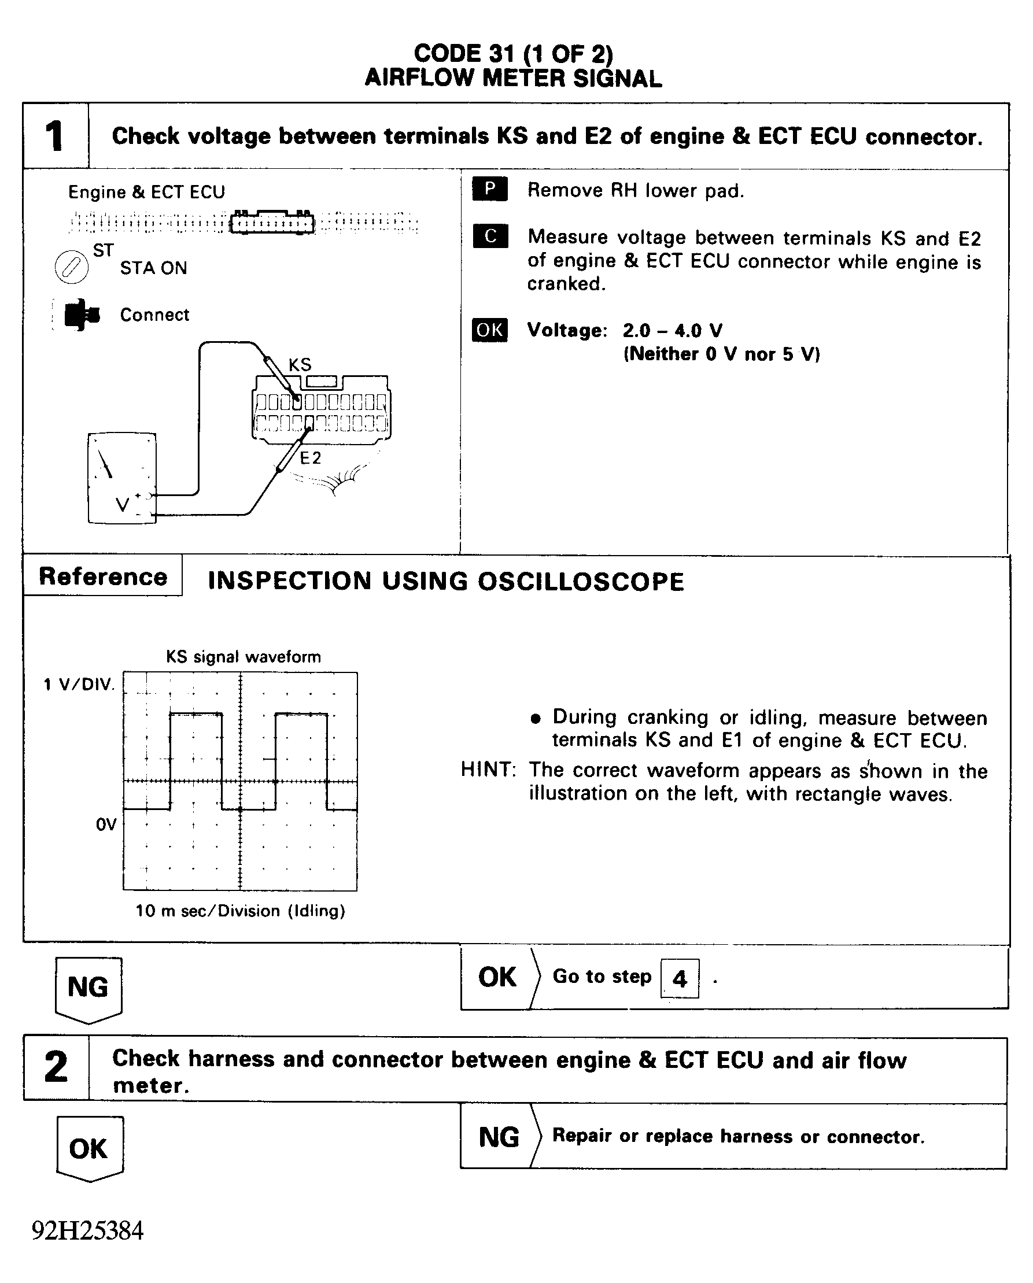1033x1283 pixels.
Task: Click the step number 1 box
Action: point(55,136)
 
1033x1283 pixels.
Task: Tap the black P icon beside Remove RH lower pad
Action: point(489,188)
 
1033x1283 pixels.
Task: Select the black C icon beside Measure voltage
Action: point(490,236)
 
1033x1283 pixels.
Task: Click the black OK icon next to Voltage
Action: point(489,330)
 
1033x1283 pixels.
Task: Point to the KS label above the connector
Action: point(300,365)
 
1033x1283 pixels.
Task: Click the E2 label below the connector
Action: point(310,457)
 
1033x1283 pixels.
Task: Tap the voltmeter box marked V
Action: point(122,478)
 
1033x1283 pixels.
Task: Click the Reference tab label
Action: point(103,576)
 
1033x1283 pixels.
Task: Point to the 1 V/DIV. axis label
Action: point(79,685)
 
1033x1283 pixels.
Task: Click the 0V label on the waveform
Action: point(106,824)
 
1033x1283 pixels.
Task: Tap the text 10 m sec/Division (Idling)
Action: point(240,911)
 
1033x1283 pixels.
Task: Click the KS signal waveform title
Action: point(243,657)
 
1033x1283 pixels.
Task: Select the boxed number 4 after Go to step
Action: point(680,978)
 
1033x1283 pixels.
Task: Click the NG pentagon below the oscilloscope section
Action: point(88,988)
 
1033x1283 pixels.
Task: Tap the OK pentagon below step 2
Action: point(89,1148)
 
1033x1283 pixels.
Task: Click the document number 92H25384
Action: point(87,1230)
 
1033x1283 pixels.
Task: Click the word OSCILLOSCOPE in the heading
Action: point(581,582)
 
